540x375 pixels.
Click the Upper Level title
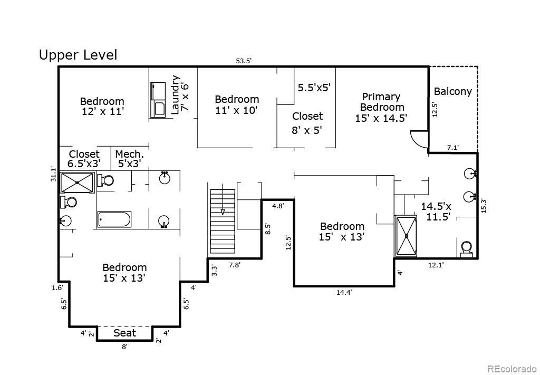pyautogui.click(x=78, y=55)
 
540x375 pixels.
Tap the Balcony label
pyautogui.click(x=452, y=91)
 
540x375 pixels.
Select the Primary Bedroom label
pyautogui.click(x=381, y=108)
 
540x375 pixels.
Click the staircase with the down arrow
pyautogui.click(x=222, y=222)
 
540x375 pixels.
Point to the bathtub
pyautogui.click(x=114, y=219)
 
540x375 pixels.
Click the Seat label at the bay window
pyautogui.click(x=124, y=333)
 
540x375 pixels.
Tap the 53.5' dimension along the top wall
pyautogui.click(x=244, y=61)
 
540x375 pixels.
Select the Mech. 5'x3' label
pyautogui.click(x=129, y=159)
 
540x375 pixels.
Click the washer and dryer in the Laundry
pyautogui.click(x=158, y=99)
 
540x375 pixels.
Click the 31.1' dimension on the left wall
pyautogui.click(x=53, y=174)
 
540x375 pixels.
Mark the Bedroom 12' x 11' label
pyautogui.click(x=102, y=106)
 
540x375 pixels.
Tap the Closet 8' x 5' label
pyautogui.click(x=307, y=122)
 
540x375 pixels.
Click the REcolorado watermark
pyautogui.click(x=511, y=369)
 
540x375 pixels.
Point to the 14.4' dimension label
pyautogui.click(x=344, y=292)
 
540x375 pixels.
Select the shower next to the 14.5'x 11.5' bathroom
pyautogui.click(x=406, y=235)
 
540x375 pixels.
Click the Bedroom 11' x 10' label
pyautogui.click(x=237, y=104)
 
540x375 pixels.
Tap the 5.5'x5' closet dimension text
pyautogui.click(x=314, y=88)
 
